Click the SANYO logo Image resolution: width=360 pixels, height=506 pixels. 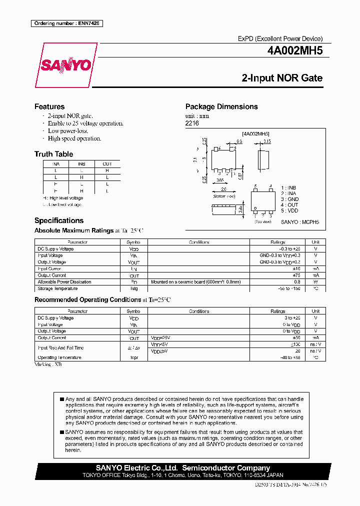point(65,65)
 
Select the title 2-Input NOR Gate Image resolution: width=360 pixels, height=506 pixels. point(282,78)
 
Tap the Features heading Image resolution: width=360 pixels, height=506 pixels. point(49,106)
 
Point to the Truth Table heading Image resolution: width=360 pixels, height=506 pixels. point(53,154)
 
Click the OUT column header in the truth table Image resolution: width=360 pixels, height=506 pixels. point(107,164)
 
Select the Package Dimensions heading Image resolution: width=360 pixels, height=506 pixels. point(221,106)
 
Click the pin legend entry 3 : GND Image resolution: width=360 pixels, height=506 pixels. point(289,199)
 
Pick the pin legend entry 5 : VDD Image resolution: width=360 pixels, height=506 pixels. point(289,210)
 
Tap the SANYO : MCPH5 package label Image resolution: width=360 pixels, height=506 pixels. point(300,221)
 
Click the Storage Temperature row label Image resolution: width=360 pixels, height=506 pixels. point(58,288)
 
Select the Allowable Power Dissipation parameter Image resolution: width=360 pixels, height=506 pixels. point(64,282)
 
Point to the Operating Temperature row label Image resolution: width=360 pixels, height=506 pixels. point(59,357)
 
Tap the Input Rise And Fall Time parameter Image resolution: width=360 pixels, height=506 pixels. point(61,347)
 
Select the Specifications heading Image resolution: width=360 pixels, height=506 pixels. point(59,220)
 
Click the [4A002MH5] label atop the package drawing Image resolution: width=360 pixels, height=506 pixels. point(255,134)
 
